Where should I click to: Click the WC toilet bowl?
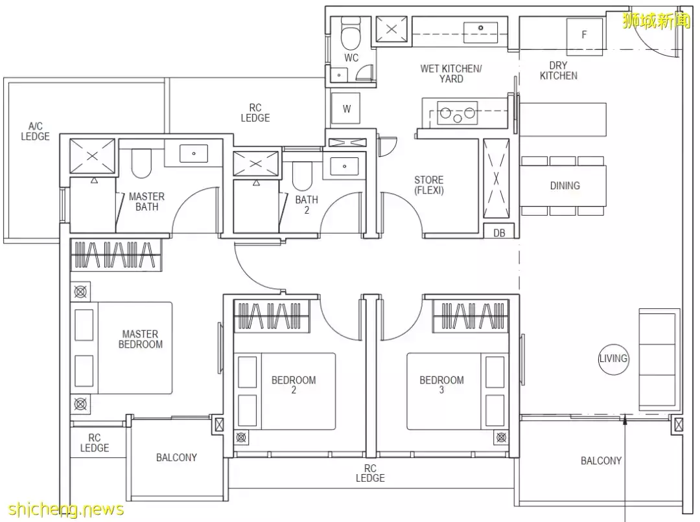tap(351, 34)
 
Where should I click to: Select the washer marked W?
tap(347, 109)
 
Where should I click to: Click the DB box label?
tap(499, 233)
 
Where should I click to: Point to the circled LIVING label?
tap(613, 358)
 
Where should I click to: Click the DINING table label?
tap(565, 186)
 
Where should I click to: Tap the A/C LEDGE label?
tap(35, 131)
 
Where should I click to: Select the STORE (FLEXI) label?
tap(429, 185)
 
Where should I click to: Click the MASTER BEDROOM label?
tap(141, 339)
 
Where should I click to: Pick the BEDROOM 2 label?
tap(294, 385)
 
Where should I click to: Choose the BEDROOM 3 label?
tap(441, 385)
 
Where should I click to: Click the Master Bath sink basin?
tap(194, 153)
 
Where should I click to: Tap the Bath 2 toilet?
tap(302, 175)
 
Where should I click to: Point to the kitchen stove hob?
tap(457, 113)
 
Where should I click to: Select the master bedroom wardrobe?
tap(115, 255)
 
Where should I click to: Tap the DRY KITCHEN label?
tap(559, 71)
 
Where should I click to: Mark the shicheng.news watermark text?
tap(66, 509)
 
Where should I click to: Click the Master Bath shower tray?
tap(93, 155)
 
